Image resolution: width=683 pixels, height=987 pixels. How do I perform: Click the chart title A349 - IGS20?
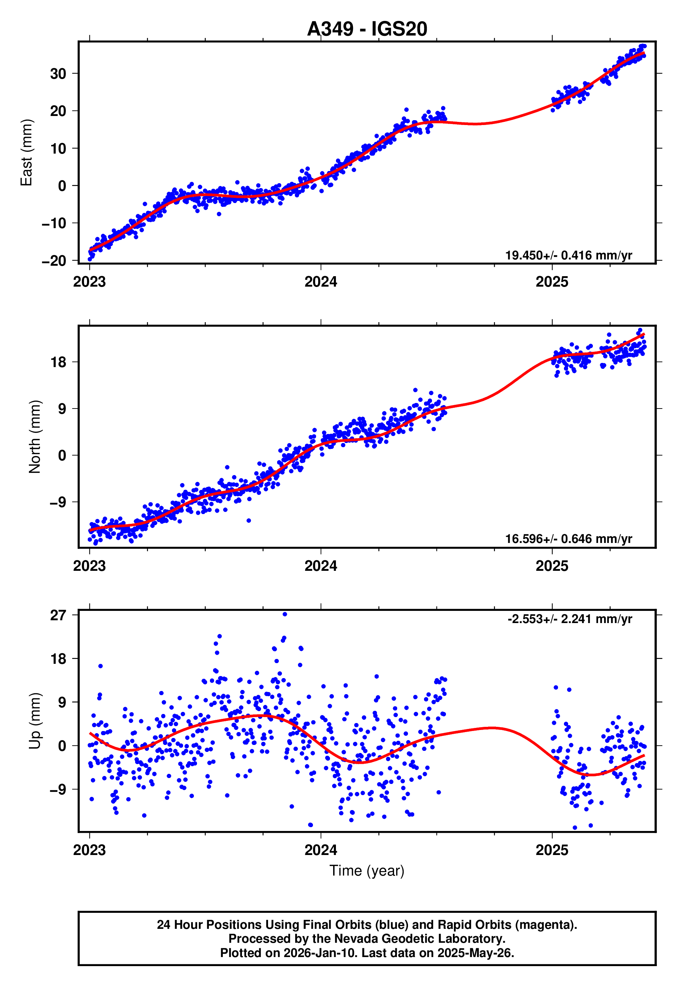tap(367, 29)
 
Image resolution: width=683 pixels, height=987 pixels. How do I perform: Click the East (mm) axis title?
tap(26, 153)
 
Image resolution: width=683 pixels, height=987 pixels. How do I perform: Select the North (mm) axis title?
tap(35, 437)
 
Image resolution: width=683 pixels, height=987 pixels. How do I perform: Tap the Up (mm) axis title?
tap(35, 721)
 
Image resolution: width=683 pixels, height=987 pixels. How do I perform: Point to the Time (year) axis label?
tap(367, 871)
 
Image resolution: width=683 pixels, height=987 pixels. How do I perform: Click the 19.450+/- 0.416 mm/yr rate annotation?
tap(568, 256)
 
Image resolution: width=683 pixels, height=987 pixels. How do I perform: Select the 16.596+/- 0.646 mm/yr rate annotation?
tap(568, 539)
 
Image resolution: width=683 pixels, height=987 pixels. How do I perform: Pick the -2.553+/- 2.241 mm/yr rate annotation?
tap(570, 619)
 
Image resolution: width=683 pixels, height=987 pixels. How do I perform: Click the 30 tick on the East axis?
tap(58, 73)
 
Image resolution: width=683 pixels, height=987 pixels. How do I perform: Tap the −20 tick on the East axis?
tap(54, 261)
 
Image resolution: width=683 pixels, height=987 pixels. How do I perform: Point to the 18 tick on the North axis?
tap(58, 362)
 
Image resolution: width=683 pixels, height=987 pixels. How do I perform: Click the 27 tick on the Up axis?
tap(58, 615)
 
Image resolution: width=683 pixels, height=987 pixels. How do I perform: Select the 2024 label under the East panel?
tap(321, 282)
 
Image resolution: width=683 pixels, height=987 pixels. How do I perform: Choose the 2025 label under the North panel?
tap(552, 566)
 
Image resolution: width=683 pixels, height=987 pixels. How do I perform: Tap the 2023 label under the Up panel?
tap(89, 850)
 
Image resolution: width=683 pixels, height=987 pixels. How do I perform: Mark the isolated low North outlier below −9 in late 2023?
tap(249, 520)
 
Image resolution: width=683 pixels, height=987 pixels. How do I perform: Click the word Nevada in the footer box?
tap(352, 939)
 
